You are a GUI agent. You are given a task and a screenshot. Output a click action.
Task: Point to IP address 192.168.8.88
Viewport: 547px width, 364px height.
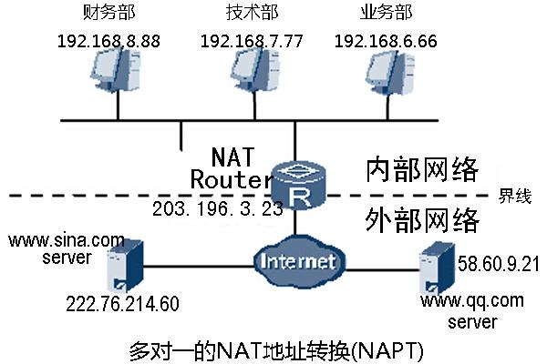pyautogui.click(x=108, y=41)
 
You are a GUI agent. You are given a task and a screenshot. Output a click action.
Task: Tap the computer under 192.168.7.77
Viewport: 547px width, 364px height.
pyautogui.click(x=253, y=73)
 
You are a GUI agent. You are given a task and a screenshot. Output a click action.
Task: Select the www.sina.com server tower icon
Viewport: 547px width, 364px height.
pyautogui.click(x=122, y=265)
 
